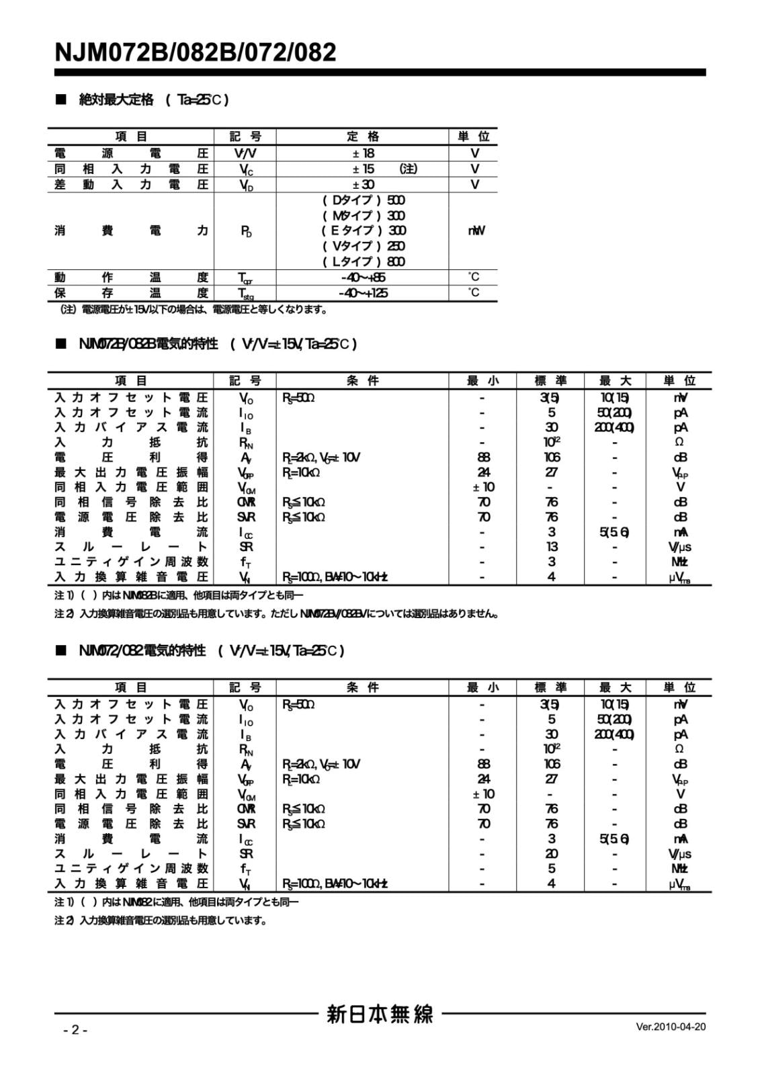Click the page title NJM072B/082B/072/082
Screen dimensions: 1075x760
[x=196, y=52]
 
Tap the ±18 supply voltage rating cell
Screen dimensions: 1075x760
[x=364, y=153]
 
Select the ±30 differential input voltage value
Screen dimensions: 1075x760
[x=364, y=184]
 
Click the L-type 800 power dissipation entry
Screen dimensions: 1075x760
[x=364, y=261]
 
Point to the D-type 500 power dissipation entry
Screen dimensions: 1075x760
[x=364, y=200]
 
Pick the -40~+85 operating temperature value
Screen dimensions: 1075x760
[x=363, y=277]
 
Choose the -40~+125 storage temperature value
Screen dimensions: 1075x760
[x=363, y=293]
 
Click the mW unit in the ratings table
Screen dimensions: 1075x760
[x=475, y=230]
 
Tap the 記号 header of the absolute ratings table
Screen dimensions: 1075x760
[x=245, y=136]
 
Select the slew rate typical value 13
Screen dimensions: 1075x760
[x=552, y=547]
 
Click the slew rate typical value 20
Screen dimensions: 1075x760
[x=552, y=853]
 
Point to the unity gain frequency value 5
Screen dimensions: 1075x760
[x=552, y=869]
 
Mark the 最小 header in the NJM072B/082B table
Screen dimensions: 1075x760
[x=483, y=381]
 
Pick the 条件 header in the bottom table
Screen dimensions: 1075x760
[x=363, y=687]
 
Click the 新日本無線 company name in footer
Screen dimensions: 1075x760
[x=380, y=1014]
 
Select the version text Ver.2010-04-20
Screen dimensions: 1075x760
[x=670, y=1026]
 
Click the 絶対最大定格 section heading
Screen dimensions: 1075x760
[x=116, y=100]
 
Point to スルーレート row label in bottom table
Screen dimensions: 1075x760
[x=131, y=853]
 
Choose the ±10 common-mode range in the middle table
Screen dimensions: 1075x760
[x=483, y=487]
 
